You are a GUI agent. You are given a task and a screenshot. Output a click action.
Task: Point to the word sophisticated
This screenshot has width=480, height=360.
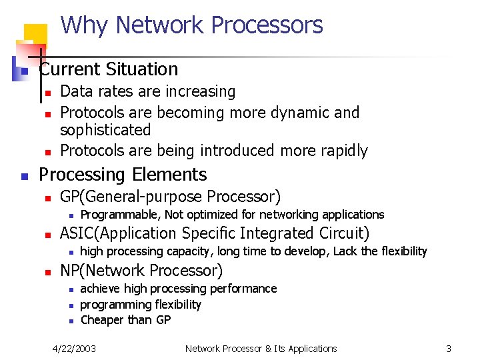pyautogui.click(x=105, y=129)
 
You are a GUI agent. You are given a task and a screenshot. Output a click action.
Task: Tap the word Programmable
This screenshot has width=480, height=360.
pyautogui.click(x=121, y=215)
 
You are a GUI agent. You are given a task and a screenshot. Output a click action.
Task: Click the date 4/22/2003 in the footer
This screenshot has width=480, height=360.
pyautogui.click(x=75, y=349)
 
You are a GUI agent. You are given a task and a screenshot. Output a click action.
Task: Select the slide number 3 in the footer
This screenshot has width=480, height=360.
pyautogui.click(x=449, y=349)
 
